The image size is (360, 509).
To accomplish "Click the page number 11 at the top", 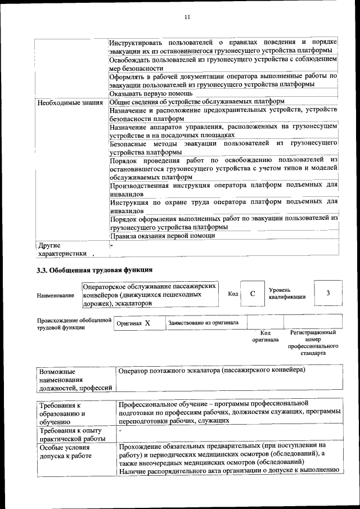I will [187, 17].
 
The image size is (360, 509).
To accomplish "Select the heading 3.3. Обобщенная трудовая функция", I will [94, 270].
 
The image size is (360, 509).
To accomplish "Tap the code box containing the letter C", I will [253, 294].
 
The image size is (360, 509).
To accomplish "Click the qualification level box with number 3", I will [327, 294].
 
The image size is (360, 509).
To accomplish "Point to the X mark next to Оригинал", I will [147, 323].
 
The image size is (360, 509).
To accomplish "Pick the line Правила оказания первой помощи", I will [162, 236].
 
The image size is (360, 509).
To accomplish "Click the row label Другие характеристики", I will [61, 249].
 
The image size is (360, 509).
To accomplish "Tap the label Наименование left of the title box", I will [55, 295].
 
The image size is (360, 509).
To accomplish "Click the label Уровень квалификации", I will [287, 293].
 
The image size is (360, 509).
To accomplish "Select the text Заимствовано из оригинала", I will [203, 323].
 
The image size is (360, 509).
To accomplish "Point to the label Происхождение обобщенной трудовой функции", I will [73, 323].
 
